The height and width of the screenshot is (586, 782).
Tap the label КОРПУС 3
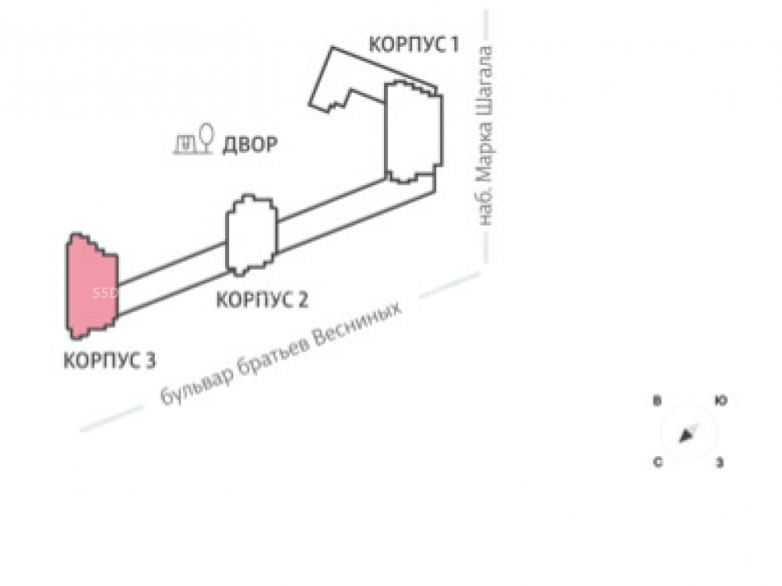109,360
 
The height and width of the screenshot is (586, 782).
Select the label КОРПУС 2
262,298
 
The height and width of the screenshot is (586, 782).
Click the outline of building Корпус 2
251,234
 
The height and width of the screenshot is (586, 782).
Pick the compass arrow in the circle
688,433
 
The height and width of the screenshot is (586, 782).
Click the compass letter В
658,401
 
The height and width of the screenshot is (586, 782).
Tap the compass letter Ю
721,401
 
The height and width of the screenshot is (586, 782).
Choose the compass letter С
658,463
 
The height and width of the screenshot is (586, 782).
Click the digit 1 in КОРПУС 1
453,45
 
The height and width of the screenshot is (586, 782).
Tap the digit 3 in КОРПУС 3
149,360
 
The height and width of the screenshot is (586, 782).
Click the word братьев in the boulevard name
270,359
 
